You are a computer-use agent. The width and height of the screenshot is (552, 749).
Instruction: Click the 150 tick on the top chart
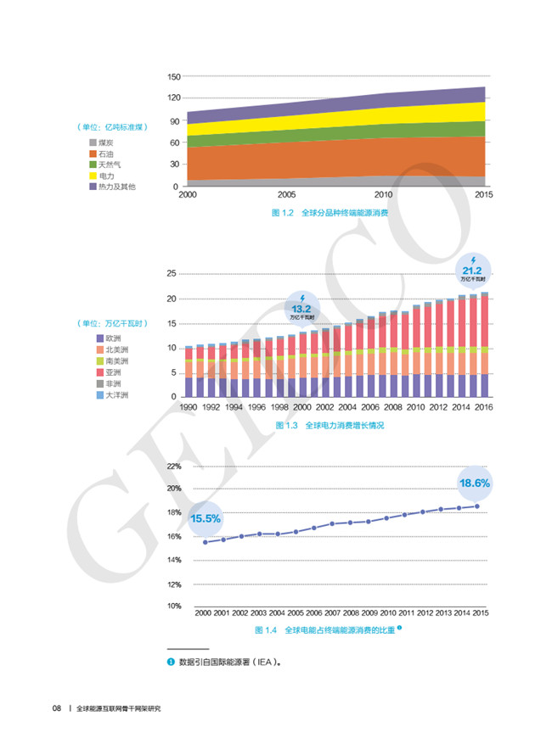click(173, 76)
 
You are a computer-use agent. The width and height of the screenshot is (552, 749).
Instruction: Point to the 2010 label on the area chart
click(383, 195)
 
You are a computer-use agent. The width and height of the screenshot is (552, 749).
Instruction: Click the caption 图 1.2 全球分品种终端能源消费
click(330, 213)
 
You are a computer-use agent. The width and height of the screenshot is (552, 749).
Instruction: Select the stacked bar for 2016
click(484, 344)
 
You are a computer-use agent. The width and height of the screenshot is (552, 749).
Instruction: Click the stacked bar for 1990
click(189, 372)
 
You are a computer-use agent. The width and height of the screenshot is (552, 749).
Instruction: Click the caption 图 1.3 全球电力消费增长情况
click(330, 425)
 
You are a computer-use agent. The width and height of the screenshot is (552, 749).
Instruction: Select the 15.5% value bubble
click(205, 518)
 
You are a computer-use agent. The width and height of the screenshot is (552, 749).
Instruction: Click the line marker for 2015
click(477, 506)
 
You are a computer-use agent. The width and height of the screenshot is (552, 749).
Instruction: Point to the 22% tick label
click(174, 467)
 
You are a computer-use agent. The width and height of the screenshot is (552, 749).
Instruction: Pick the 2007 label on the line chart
click(333, 612)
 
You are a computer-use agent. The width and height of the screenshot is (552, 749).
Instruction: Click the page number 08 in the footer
click(56, 708)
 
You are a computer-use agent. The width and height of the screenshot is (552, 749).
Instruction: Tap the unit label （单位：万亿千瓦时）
click(111, 323)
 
